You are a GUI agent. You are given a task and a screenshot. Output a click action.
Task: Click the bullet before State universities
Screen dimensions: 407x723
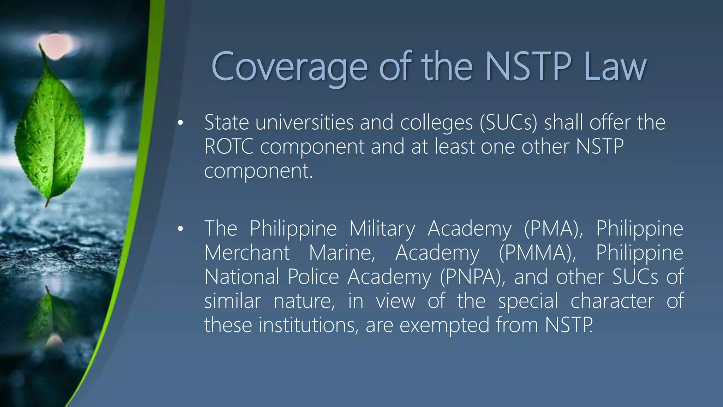[180, 123]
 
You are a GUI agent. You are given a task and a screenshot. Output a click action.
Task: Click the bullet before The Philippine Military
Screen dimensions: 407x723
[180, 229]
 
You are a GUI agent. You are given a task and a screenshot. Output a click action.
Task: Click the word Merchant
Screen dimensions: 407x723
[247, 253]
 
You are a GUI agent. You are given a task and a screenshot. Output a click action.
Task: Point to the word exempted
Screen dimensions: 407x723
[444, 325]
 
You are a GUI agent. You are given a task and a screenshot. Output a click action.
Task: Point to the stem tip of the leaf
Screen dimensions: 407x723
[40, 46]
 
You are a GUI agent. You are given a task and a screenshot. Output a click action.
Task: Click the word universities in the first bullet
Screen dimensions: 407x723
[304, 123]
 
